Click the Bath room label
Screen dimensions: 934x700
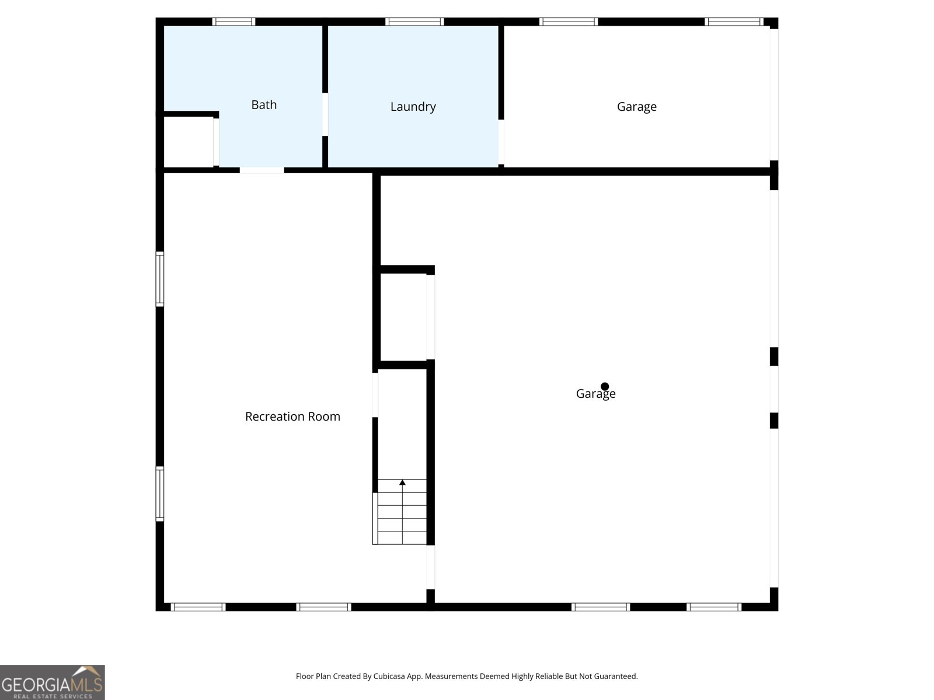pyautogui.click(x=264, y=104)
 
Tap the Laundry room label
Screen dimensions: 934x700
pyautogui.click(x=413, y=106)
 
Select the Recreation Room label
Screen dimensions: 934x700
pyautogui.click(x=293, y=416)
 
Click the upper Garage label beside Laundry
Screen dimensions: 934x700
pyautogui.click(x=636, y=106)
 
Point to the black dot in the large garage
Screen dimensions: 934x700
pyautogui.click(x=604, y=386)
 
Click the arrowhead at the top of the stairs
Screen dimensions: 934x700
pyautogui.click(x=402, y=482)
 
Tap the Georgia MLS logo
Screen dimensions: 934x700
pyautogui.click(x=53, y=682)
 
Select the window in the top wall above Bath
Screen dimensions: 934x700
pyautogui.click(x=233, y=22)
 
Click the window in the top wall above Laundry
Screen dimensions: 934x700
pyautogui.click(x=414, y=22)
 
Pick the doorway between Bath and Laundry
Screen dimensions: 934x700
pyautogui.click(x=325, y=114)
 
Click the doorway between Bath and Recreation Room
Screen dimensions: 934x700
pyautogui.click(x=262, y=170)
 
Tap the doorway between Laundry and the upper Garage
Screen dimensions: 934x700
pyautogui.click(x=501, y=142)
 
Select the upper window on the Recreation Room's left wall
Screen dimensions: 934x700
pyautogui.click(x=159, y=279)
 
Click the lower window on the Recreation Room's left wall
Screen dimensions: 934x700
pyautogui.click(x=159, y=494)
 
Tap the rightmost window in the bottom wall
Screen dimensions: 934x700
pyautogui.click(x=713, y=607)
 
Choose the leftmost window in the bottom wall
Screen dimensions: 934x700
pyautogui.click(x=198, y=607)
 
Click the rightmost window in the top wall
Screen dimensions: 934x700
pyautogui.click(x=734, y=22)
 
